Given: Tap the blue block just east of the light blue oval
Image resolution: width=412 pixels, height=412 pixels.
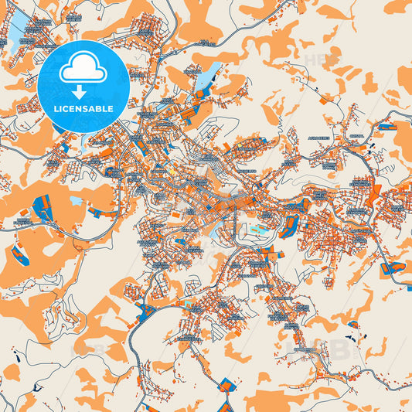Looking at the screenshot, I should pyautogui.click(x=292, y=226).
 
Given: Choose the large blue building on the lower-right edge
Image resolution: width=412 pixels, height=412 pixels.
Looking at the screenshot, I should pyautogui.click(x=392, y=269).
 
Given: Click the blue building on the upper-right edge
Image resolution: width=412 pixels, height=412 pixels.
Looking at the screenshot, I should pyautogui.click(x=386, y=125).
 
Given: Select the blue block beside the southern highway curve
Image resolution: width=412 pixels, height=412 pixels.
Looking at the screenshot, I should pyautogui.click(x=144, y=312).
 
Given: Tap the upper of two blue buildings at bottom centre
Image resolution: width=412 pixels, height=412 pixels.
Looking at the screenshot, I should pyautogui.click(x=226, y=383).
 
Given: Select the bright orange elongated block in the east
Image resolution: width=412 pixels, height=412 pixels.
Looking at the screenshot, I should pyautogui.click(x=376, y=190).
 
